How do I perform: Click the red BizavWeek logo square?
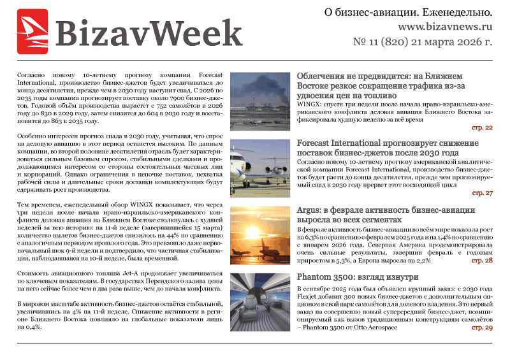32,31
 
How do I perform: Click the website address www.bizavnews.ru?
446,27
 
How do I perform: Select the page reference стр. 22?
482,128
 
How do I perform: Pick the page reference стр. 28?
482,261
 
